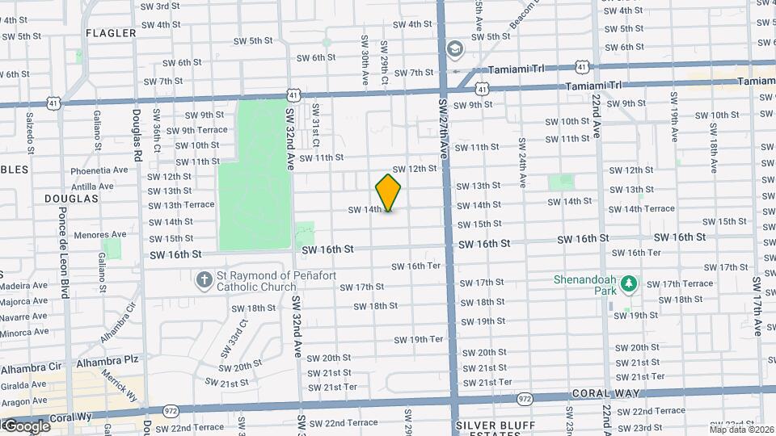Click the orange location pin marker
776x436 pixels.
click(388, 192)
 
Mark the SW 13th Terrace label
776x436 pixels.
click(182, 205)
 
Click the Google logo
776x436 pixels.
click(27, 426)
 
